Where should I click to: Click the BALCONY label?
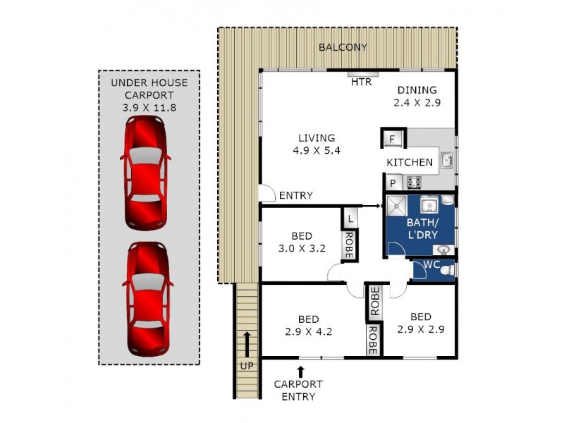[x=343, y=47]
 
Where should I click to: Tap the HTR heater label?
[x=361, y=82]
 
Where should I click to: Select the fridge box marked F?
[x=393, y=138]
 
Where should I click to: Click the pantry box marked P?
[x=393, y=183]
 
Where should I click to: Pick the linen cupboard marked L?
[x=350, y=218]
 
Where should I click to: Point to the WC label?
[x=431, y=266]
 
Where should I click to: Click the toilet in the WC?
[x=449, y=270]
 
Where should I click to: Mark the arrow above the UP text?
[x=247, y=343]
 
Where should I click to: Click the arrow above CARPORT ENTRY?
[x=300, y=371]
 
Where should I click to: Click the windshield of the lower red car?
[x=147, y=282]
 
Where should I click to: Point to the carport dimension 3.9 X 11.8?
[x=149, y=108]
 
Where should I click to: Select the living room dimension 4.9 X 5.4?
[x=316, y=150]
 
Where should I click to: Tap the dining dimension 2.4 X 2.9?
[x=417, y=102]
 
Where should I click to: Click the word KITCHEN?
[x=410, y=162]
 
